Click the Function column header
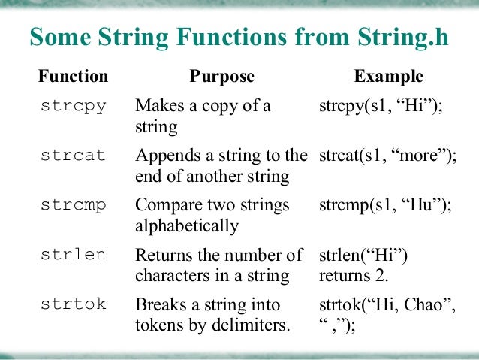(73, 77)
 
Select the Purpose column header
(221, 77)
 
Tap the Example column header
(388, 77)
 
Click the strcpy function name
(73, 105)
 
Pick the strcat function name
(73, 156)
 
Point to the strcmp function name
(73, 205)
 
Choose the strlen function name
(73, 255)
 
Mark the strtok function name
(73, 304)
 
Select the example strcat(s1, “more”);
(387, 156)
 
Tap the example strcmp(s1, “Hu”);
(385, 206)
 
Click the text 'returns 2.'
(353, 276)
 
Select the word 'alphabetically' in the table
(186, 226)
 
